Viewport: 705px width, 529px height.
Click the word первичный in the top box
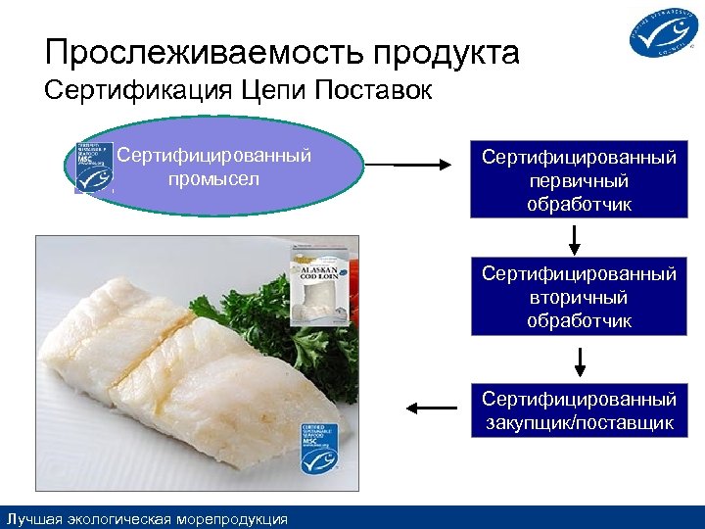point(579,182)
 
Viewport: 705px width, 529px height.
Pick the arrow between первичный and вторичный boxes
point(576,238)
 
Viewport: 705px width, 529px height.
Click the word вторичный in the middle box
point(579,298)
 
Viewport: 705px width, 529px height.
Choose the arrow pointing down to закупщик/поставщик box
point(580,361)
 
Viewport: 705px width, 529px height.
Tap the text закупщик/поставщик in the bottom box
point(579,423)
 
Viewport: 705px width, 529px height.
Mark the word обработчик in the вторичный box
point(579,321)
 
